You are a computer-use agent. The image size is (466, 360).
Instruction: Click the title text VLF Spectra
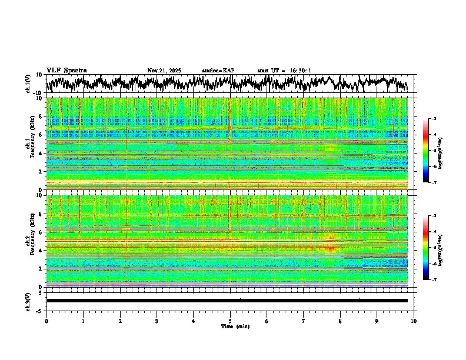coord(66,70)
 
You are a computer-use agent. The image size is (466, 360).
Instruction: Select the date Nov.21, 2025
coord(164,71)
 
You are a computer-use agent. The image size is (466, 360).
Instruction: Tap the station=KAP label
coord(218,71)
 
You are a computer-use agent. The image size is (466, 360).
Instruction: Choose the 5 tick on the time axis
coord(230,321)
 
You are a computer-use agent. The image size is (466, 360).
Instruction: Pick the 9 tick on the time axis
coord(377,321)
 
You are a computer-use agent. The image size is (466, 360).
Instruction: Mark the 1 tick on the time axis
coord(83,321)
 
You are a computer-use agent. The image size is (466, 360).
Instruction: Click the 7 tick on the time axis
coord(304,321)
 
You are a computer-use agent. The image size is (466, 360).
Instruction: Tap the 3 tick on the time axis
coord(157,321)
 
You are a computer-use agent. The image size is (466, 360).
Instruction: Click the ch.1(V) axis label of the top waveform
coord(28,84)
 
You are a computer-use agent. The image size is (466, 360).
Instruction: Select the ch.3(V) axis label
coord(28,301)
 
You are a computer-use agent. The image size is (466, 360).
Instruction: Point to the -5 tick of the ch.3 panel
coord(39,310)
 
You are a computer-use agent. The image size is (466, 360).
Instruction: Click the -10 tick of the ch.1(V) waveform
coord(37,93)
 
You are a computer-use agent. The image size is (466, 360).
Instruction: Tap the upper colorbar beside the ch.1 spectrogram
coord(426,151)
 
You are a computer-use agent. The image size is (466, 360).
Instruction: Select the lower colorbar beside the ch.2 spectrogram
coord(426,248)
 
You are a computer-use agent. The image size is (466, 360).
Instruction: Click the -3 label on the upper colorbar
coord(434,119)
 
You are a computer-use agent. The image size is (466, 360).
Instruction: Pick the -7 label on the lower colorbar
coord(434,279)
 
